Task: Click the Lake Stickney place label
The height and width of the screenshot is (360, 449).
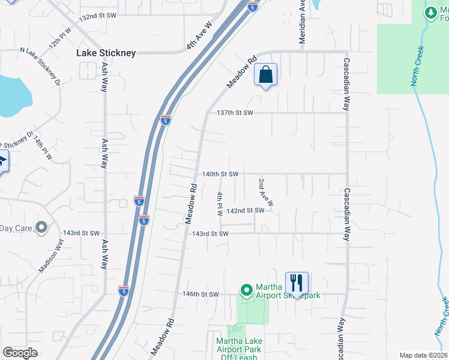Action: click(106, 53)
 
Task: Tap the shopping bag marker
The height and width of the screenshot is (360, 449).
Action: click(265, 76)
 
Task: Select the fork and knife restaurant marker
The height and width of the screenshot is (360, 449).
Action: click(297, 283)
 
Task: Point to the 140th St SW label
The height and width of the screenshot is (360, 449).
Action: click(220, 174)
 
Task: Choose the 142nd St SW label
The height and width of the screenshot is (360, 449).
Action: click(246, 211)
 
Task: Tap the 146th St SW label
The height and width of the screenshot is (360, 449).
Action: click(200, 295)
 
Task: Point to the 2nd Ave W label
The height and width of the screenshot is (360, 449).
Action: click(265, 192)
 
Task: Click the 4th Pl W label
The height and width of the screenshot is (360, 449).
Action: click(220, 204)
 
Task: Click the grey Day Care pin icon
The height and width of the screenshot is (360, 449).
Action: click(41, 227)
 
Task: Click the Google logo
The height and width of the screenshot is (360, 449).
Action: click(20, 353)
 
